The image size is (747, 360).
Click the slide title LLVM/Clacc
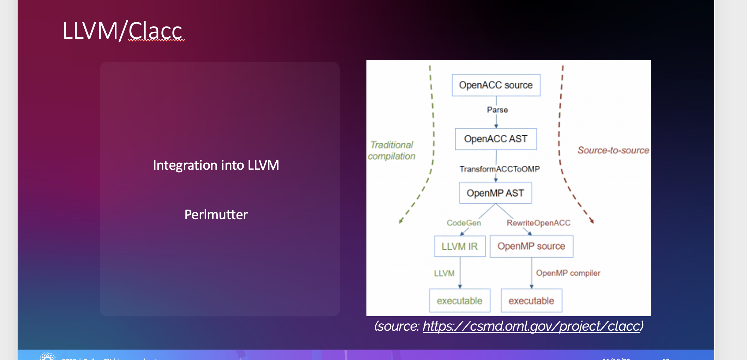click(x=122, y=31)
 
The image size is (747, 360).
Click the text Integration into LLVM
click(x=216, y=165)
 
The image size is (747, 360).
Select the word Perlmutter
click(x=216, y=215)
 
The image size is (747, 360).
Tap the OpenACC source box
click(x=496, y=85)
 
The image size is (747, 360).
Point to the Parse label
click(x=497, y=110)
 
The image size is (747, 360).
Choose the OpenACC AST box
click(x=496, y=139)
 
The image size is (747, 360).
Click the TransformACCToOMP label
click(x=500, y=169)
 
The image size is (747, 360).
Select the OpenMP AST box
click(x=495, y=193)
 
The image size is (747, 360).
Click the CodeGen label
click(x=464, y=223)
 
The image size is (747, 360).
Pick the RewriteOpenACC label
click(x=538, y=223)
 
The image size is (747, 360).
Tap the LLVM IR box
click(x=460, y=246)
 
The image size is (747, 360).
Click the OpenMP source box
click(x=531, y=246)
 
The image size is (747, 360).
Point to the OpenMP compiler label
click(x=568, y=273)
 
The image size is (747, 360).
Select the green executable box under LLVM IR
click(x=459, y=301)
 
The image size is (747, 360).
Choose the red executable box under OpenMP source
click(x=531, y=301)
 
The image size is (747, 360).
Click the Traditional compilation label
click(x=392, y=150)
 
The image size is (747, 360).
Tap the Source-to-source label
click(x=613, y=150)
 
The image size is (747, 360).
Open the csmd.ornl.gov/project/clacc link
click(x=531, y=326)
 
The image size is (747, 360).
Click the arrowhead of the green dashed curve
click(x=400, y=221)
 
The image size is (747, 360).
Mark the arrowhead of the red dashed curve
click(x=592, y=221)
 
